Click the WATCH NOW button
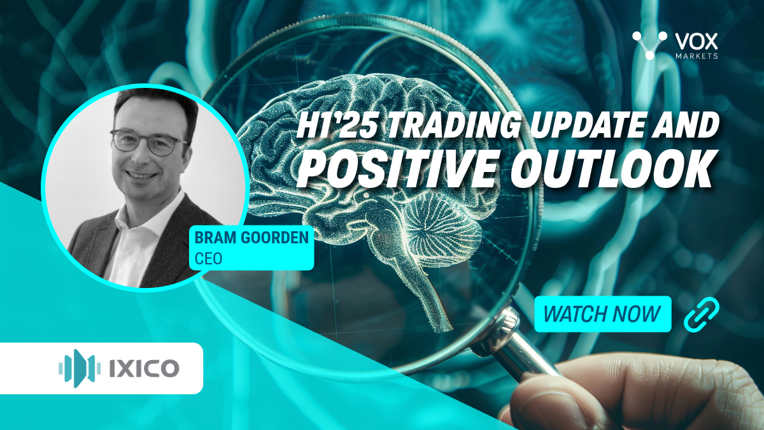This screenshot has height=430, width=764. (x=602, y=313)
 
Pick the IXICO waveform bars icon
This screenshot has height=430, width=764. (x=80, y=368)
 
